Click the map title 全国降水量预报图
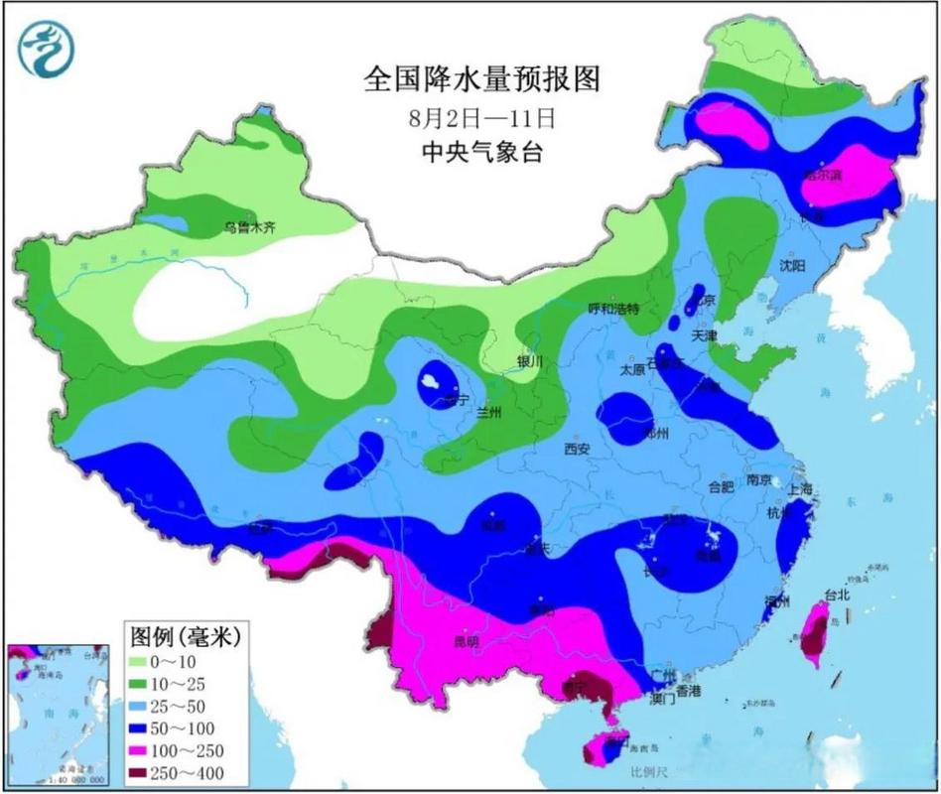tap(482, 78)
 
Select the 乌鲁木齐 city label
tap(248, 227)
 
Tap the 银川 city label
tap(531, 361)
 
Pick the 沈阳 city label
tap(792, 265)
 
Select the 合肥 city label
tap(721, 486)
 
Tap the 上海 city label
tap(799, 488)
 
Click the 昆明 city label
tap(466, 641)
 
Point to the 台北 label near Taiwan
tap(838, 595)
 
